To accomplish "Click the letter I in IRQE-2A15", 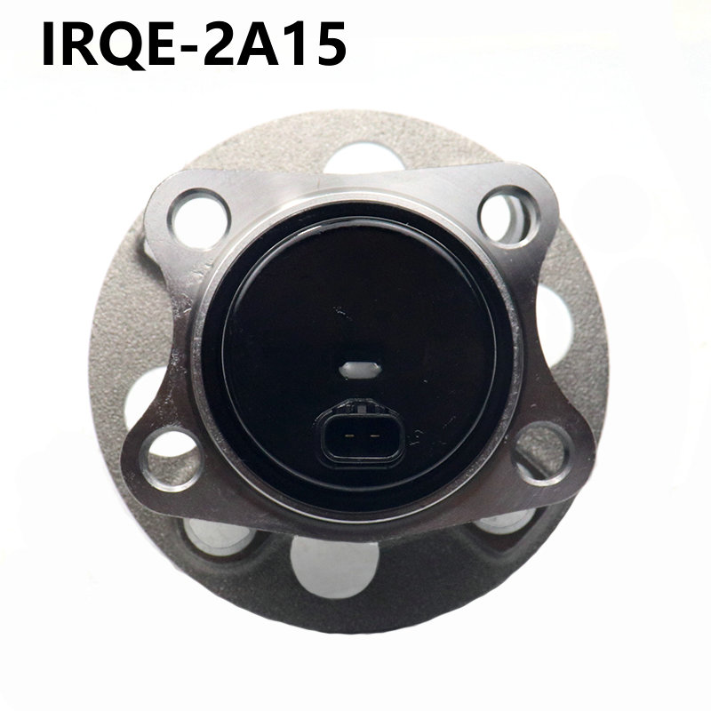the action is (x=48, y=44).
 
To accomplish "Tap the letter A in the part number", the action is (x=258, y=44).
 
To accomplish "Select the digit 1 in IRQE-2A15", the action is (x=293, y=44).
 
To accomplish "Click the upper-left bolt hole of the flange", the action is (x=198, y=219).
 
